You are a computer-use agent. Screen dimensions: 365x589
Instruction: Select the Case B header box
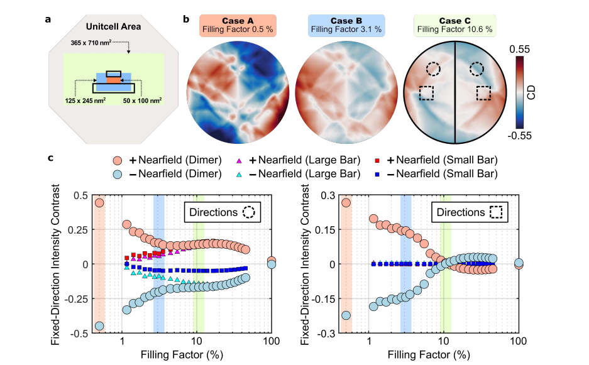pyautogui.click(x=344, y=24)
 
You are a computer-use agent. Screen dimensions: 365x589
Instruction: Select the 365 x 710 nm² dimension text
pyautogui.click(x=96, y=45)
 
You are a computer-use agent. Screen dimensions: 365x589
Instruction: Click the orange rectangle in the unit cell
pyautogui.click(x=112, y=79)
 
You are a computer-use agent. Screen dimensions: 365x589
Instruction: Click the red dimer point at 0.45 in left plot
pyautogui.click(x=99, y=202)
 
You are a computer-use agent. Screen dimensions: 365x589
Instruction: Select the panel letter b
pyautogui.click(x=186, y=18)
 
